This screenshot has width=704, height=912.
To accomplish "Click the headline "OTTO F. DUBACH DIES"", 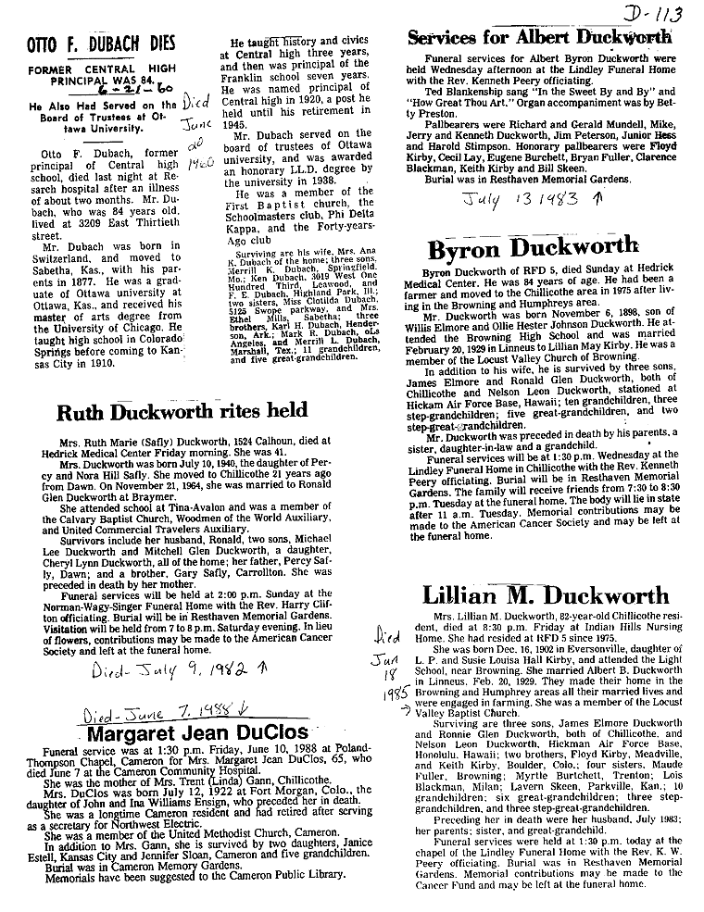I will click(x=105, y=44).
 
